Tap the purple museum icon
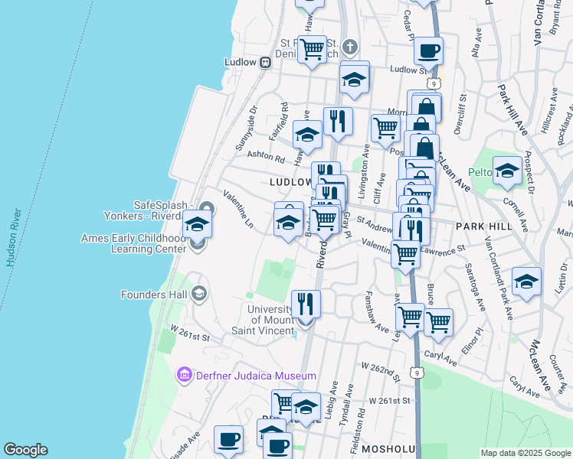184,376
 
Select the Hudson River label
11,238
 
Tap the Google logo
25,450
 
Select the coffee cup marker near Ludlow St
429,51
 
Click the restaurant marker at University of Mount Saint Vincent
306,303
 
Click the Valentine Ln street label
238,205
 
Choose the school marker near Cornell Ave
507,171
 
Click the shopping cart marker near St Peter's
312,50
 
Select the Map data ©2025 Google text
526,453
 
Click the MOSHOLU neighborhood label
388,448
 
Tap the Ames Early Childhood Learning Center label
134,243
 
